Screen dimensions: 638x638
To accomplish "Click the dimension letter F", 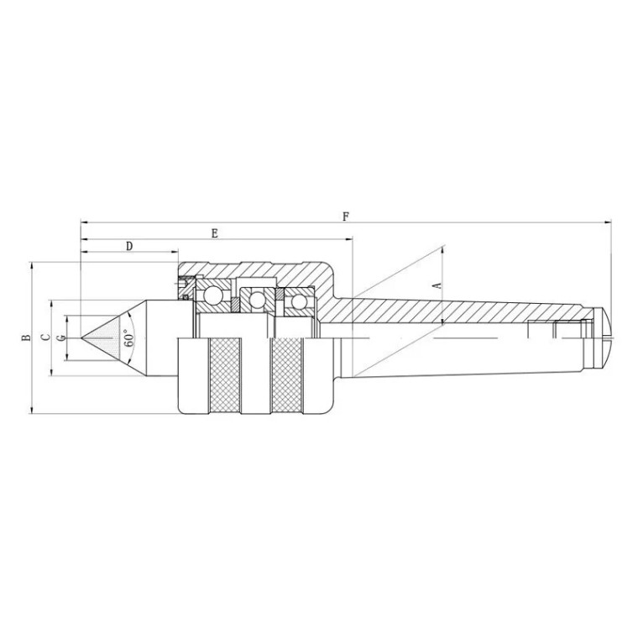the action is click(x=346, y=217).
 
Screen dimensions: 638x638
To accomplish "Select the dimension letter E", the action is click(x=215, y=233).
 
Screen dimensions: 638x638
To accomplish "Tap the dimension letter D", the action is click(x=129, y=246).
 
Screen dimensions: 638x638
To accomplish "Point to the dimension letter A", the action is click(x=438, y=285).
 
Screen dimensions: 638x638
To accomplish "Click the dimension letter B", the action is click(x=26, y=337).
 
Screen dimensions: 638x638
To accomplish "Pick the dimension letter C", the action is click(x=46, y=337).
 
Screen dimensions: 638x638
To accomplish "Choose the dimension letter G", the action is click(x=61, y=337).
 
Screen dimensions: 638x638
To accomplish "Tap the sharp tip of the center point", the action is click(x=81, y=337).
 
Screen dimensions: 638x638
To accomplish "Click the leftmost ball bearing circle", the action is click(x=212, y=295).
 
